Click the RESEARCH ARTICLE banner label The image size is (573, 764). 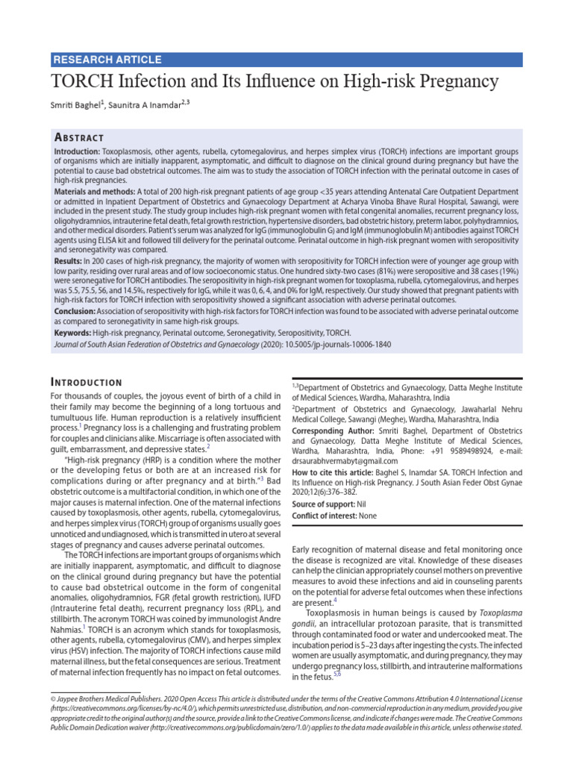point(107,60)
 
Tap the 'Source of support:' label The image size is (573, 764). point(324,504)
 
